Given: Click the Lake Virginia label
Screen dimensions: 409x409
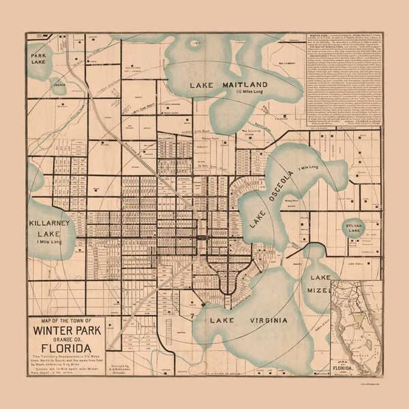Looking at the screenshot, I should coord(248,319).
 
